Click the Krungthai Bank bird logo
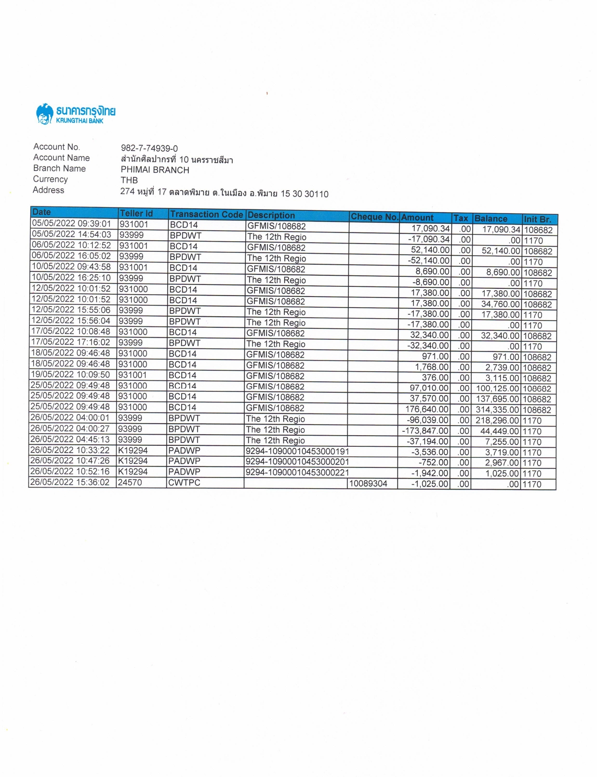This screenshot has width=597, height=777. pos(44,115)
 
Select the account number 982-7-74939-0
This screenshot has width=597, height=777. pos(149,148)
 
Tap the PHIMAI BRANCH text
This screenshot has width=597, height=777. pos(155,170)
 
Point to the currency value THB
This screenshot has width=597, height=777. pos(129,181)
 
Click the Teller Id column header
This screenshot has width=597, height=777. pos(136,213)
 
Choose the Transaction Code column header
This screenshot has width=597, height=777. pos(206,215)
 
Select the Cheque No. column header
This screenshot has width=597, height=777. pos(374,217)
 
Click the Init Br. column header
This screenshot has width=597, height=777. pos(537,219)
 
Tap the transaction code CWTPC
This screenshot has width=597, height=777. pos(184,483)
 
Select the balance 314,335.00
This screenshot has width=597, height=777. pos(497,410)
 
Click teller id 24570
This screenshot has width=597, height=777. pos(130,482)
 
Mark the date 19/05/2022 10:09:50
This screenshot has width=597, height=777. pos(70,375)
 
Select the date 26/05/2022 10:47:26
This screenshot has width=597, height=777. pos(70,461)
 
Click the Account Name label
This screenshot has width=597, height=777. pos(61,158)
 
